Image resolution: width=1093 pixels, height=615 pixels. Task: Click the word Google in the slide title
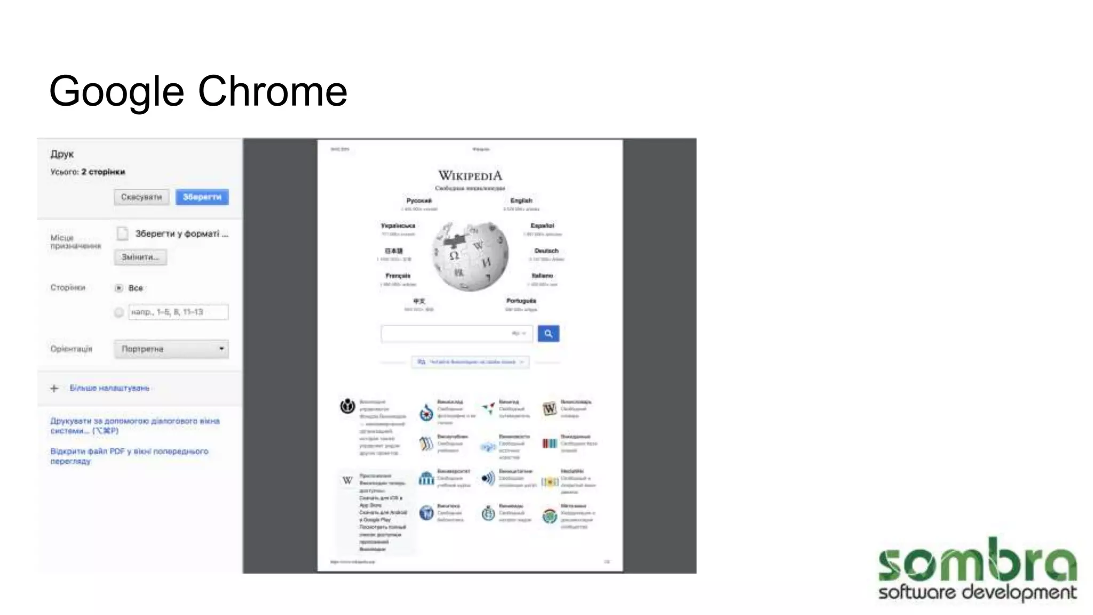pyautogui.click(x=116, y=91)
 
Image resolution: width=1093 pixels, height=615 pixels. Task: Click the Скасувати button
pyautogui.click(x=141, y=197)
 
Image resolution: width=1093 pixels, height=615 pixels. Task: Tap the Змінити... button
pyautogui.click(x=140, y=257)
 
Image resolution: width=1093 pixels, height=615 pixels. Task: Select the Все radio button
pyautogui.click(x=119, y=288)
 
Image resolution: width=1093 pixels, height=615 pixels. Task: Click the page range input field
pyautogui.click(x=178, y=312)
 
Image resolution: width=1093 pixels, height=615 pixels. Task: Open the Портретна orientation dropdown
pyautogui.click(x=171, y=349)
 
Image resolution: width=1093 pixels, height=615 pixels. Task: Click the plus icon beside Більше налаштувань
pyautogui.click(x=54, y=388)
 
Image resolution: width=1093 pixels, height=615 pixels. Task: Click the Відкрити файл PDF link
pyautogui.click(x=129, y=456)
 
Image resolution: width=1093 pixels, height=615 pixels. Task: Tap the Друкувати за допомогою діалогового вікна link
pyautogui.click(x=134, y=425)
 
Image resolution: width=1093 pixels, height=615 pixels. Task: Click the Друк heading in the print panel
pyautogui.click(x=62, y=154)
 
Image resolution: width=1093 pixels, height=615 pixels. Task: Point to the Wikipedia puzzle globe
pyautogui.click(x=470, y=256)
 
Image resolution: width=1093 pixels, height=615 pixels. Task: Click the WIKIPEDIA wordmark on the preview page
pyautogui.click(x=470, y=176)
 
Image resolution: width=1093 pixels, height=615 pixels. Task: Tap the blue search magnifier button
pyautogui.click(x=548, y=334)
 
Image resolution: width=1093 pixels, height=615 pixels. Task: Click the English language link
pyautogui.click(x=521, y=201)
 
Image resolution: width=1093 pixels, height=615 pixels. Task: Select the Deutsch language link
pyautogui.click(x=546, y=251)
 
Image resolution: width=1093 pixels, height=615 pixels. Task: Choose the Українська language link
pyautogui.click(x=398, y=226)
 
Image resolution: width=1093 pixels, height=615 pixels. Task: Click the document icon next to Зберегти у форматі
pyautogui.click(x=123, y=234)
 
